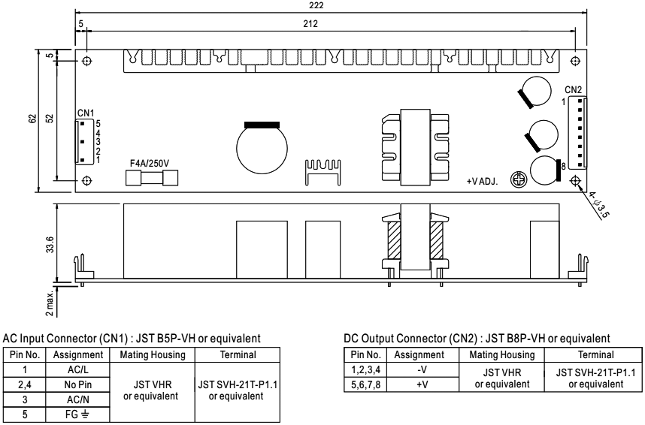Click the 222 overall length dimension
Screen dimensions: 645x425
[x=316, y=5]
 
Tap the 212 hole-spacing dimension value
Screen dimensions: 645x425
[x=310, y=24]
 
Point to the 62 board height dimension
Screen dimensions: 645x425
[x=32, y=119]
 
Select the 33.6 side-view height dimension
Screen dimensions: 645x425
[x=50, y=244]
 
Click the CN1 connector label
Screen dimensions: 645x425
[x=86, y=113]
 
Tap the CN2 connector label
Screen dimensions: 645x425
[x=573, y=90]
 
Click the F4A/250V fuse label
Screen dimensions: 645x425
[x=150, y=164]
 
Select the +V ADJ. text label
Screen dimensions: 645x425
[x=482, y=181]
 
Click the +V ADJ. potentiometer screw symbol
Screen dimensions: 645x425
[x=518, y=179]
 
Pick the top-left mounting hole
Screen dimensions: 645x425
[x=86, y=61]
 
